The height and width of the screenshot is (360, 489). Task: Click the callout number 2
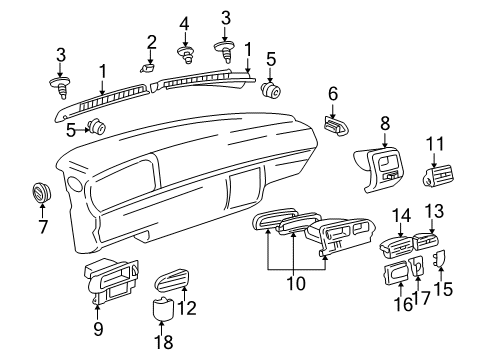click(x=151, y=43)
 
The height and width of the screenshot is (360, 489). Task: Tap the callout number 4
click(x=184, y=24)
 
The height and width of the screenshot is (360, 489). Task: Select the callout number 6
click(x=333, y=94)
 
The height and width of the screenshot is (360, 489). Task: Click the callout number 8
click(x=385, y=123)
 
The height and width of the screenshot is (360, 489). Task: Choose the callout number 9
click(x=98, y=329)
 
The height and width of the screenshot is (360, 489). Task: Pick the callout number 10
click(x=296, y=284)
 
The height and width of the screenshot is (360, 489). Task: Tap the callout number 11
click(x=435, y=144)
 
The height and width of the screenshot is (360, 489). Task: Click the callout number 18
click(x=163, y=342)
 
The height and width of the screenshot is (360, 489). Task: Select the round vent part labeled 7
click(x=41, y=192)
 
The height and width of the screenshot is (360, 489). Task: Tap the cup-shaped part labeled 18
click(x=163, y=307)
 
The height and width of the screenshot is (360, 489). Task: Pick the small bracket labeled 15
click(x=439, y=259)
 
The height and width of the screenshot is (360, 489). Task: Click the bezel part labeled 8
click(x=378, y=169)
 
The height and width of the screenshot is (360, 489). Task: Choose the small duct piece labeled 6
click(x=336, y=126)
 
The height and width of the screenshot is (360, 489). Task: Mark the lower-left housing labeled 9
click(x=111, y=279)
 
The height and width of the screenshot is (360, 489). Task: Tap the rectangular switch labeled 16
click(x=396, y=273)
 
